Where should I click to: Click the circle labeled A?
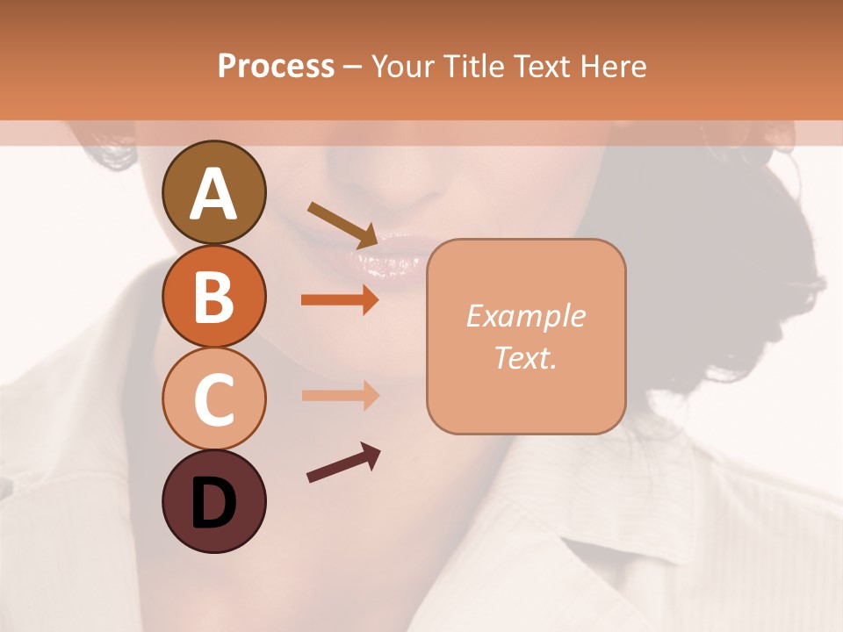point(213,192)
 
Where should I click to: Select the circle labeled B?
point(213,296)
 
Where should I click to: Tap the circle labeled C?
point(213,399)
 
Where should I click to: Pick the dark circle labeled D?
point(213,501)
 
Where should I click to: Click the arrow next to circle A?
point(343,224)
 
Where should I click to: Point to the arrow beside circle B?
point(340,300)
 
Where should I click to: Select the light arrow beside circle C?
point(340,395)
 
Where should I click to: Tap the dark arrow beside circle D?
point(343,463)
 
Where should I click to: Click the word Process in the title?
point(276,66)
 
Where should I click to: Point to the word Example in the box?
point(525,316)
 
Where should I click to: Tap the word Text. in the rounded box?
point(525,357)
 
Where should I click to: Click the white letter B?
point(213,297)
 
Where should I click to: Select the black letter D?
point(213,502)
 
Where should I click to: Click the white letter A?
point(213,194)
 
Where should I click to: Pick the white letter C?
point(213,399)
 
